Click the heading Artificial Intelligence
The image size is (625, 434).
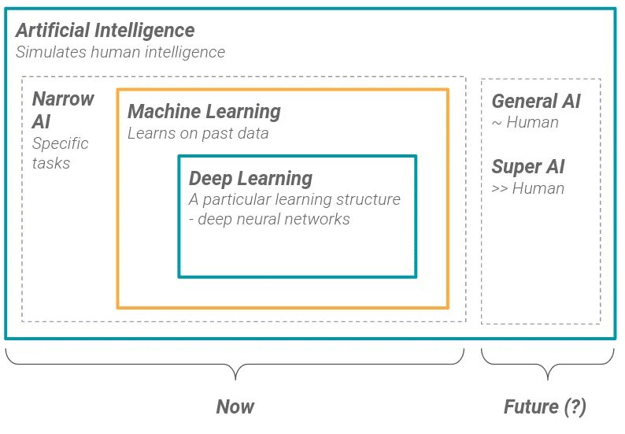click(105, 32)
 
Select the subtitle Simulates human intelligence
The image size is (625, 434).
click(120, 53)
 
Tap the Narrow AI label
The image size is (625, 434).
click(62, 110)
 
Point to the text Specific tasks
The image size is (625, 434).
click(60, 154)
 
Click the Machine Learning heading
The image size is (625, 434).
click(204, 112)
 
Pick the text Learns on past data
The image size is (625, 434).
click(198, 133)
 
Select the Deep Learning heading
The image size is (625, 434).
click(250, 179)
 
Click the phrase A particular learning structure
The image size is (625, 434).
click(294, 199)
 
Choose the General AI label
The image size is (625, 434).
click(536, 102)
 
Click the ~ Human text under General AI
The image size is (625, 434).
click(525, 122)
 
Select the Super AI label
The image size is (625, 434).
click(527, 167)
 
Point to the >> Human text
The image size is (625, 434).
click(527, 188)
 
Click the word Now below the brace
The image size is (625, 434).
click(235, 406)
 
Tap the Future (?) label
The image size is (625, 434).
click(545, 406)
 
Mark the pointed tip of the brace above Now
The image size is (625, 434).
click(235, 378)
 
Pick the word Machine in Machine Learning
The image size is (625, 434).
click(161, 112)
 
